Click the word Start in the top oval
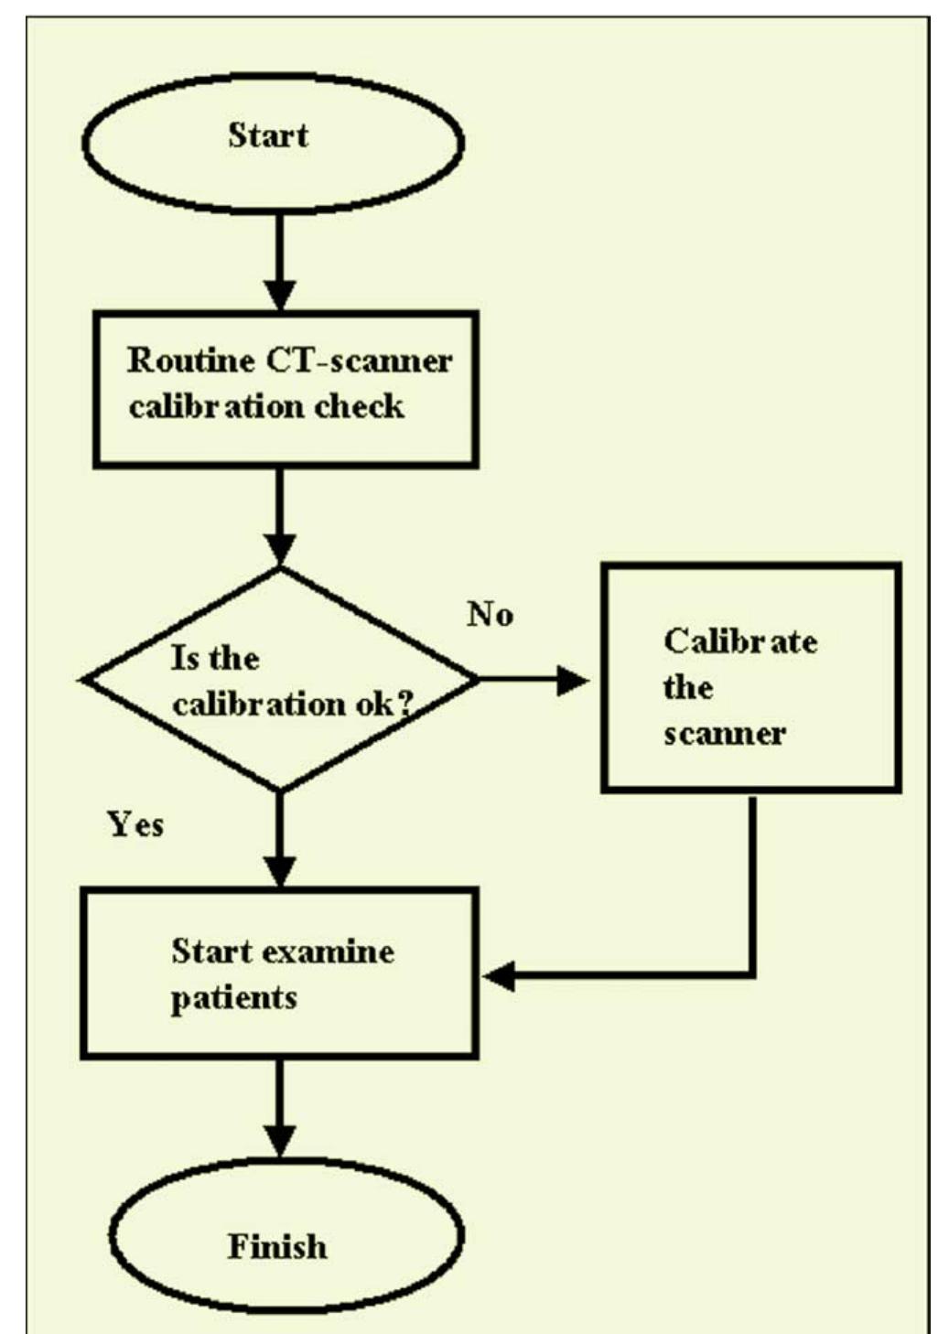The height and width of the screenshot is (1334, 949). point(267,135)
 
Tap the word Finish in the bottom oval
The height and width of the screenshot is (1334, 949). point(276,1246)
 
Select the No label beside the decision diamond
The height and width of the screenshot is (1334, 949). point(490,614)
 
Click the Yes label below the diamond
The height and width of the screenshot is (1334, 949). point(135,824)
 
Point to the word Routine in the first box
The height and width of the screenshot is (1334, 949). point(190,360)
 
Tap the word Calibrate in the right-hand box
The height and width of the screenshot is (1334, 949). point(740,640)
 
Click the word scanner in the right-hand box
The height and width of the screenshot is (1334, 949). point(724,734)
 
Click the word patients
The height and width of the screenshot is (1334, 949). point(233,997)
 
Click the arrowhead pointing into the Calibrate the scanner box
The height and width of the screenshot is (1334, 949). point(573,680)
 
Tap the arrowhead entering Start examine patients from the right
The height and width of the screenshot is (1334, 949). point(500,976)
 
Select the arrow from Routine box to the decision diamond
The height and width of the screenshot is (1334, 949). point(280,517)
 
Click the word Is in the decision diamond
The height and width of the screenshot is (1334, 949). point(184,658)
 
